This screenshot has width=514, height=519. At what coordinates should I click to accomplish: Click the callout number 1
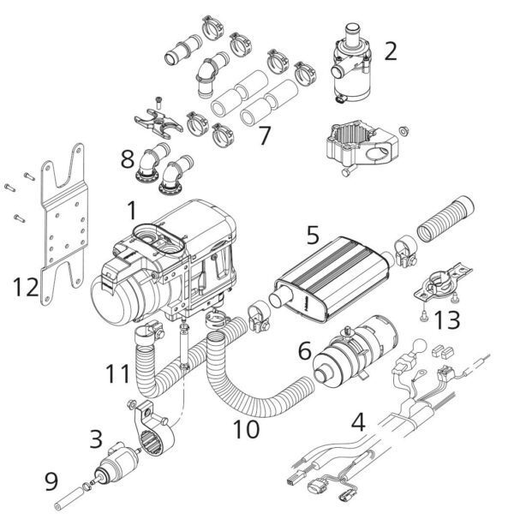coord(132,211)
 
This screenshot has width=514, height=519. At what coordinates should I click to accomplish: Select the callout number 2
coord(391,51)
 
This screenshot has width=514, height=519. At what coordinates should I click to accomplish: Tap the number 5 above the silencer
coord(313,236)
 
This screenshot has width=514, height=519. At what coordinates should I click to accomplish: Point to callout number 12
coord(26,287)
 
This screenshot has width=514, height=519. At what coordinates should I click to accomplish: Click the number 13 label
coord(447,320)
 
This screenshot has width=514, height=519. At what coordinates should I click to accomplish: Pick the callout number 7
coord(265,135)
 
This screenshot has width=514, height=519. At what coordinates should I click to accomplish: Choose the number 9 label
coord(51,481)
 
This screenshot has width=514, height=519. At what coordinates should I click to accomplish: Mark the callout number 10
coord(246,429)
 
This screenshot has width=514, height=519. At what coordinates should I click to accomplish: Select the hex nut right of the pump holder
coord(403,131)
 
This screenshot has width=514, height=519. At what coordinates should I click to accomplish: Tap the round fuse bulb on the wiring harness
coord(420,348)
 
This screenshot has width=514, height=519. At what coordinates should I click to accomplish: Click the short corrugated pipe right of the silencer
coord(445,219)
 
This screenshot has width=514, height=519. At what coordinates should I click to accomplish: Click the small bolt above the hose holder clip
coord(159,102)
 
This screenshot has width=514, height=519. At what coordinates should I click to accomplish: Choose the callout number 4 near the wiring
coord(358,422)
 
